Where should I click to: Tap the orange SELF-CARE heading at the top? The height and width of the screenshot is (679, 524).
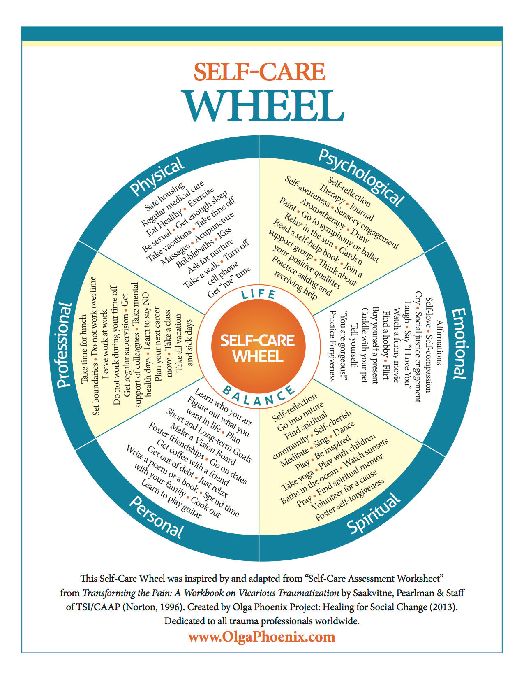[259, 72]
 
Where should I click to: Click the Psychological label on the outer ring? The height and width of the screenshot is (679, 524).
[361, 178]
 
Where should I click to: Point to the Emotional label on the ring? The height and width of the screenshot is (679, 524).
[459, 343]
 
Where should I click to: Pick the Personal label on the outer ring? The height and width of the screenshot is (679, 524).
[156, 517]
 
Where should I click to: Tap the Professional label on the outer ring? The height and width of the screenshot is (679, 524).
[64, 345]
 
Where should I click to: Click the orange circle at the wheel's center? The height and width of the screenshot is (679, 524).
[259, 346]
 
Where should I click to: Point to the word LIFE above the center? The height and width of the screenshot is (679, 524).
[259, 294]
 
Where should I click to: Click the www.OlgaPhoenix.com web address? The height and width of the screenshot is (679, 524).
[261, 637]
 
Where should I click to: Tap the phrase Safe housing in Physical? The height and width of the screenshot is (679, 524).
[164, 197]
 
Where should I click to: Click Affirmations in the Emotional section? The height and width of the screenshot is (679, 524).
[439, 342]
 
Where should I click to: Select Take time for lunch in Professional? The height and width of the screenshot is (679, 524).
[84, 349]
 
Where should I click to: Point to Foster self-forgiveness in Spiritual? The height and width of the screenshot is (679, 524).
[350, 500]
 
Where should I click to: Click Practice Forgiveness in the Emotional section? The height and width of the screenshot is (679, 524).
[332, 346]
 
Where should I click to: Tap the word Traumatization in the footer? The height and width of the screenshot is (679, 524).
[308, 593]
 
